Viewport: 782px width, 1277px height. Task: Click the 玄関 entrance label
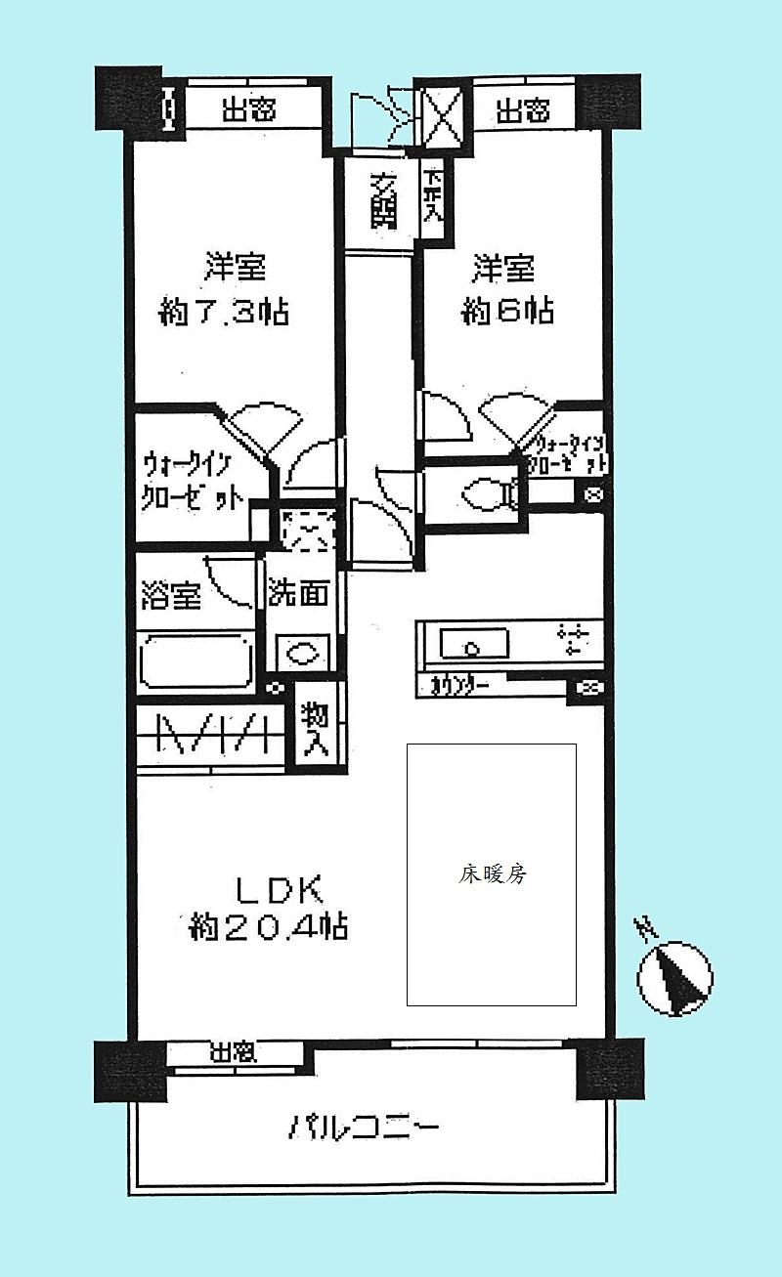click(383, 201)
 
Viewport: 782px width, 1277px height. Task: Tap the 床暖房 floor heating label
click(493, 874)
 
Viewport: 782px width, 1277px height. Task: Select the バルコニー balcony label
click(364, 1128)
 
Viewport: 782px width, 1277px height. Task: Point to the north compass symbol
click(674, 975)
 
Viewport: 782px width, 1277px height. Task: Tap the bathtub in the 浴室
click(196, 663)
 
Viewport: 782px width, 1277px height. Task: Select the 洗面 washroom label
click(299, 593)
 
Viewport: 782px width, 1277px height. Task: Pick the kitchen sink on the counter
click(473, 644)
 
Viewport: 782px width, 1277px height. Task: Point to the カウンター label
click(460, 687)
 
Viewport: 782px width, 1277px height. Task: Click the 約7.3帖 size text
click(223, 314)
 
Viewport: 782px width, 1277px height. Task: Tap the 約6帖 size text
click(507, 312)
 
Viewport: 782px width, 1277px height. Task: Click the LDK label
click(276, 890)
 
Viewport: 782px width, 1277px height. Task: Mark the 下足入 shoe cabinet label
click(431, 199)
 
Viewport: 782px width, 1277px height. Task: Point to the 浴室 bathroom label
click(171, 594)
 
